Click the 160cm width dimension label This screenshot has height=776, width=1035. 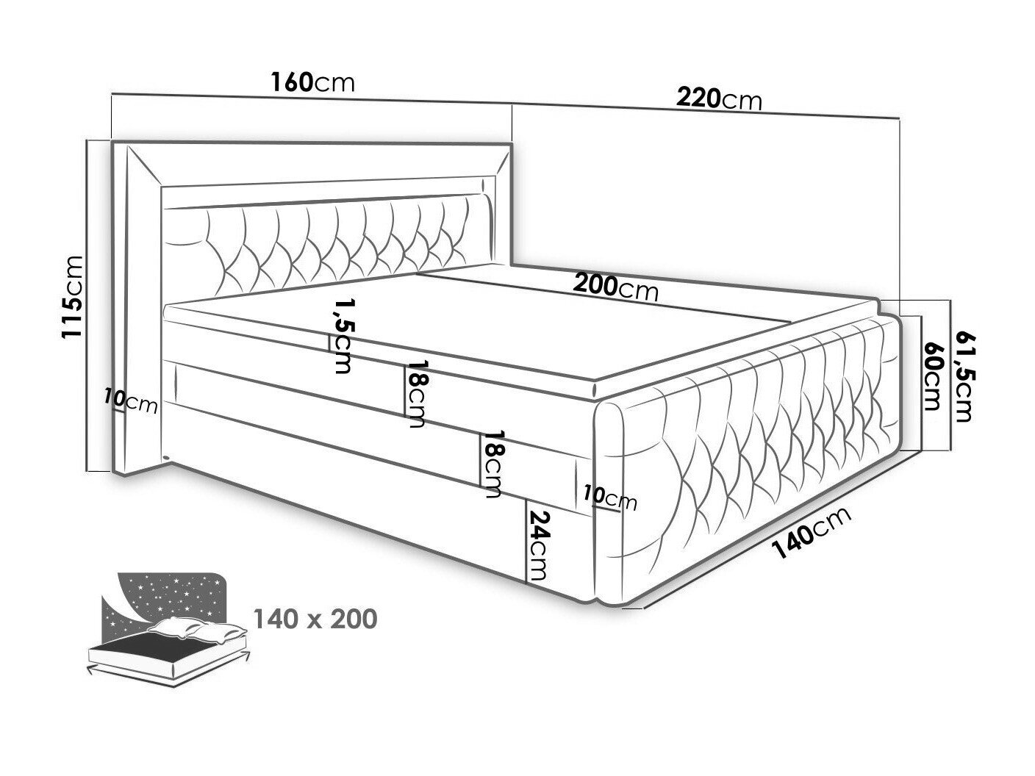(x=312, y=83)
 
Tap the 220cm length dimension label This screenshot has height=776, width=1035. (x=719, y=100)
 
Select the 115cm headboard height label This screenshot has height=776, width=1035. (x=72, y=296)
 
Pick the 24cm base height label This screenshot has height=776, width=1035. (x=538, y=545)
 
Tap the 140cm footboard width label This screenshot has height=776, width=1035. (x=812, y=532)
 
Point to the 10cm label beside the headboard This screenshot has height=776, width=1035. (x=131, y=402)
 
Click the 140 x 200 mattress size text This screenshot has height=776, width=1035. (x=315, y=619)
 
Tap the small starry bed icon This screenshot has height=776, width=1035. (x=168, y=629)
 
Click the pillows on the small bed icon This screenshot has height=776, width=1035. (x=196, y=630)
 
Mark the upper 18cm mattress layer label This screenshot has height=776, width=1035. (x=415, y=394)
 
